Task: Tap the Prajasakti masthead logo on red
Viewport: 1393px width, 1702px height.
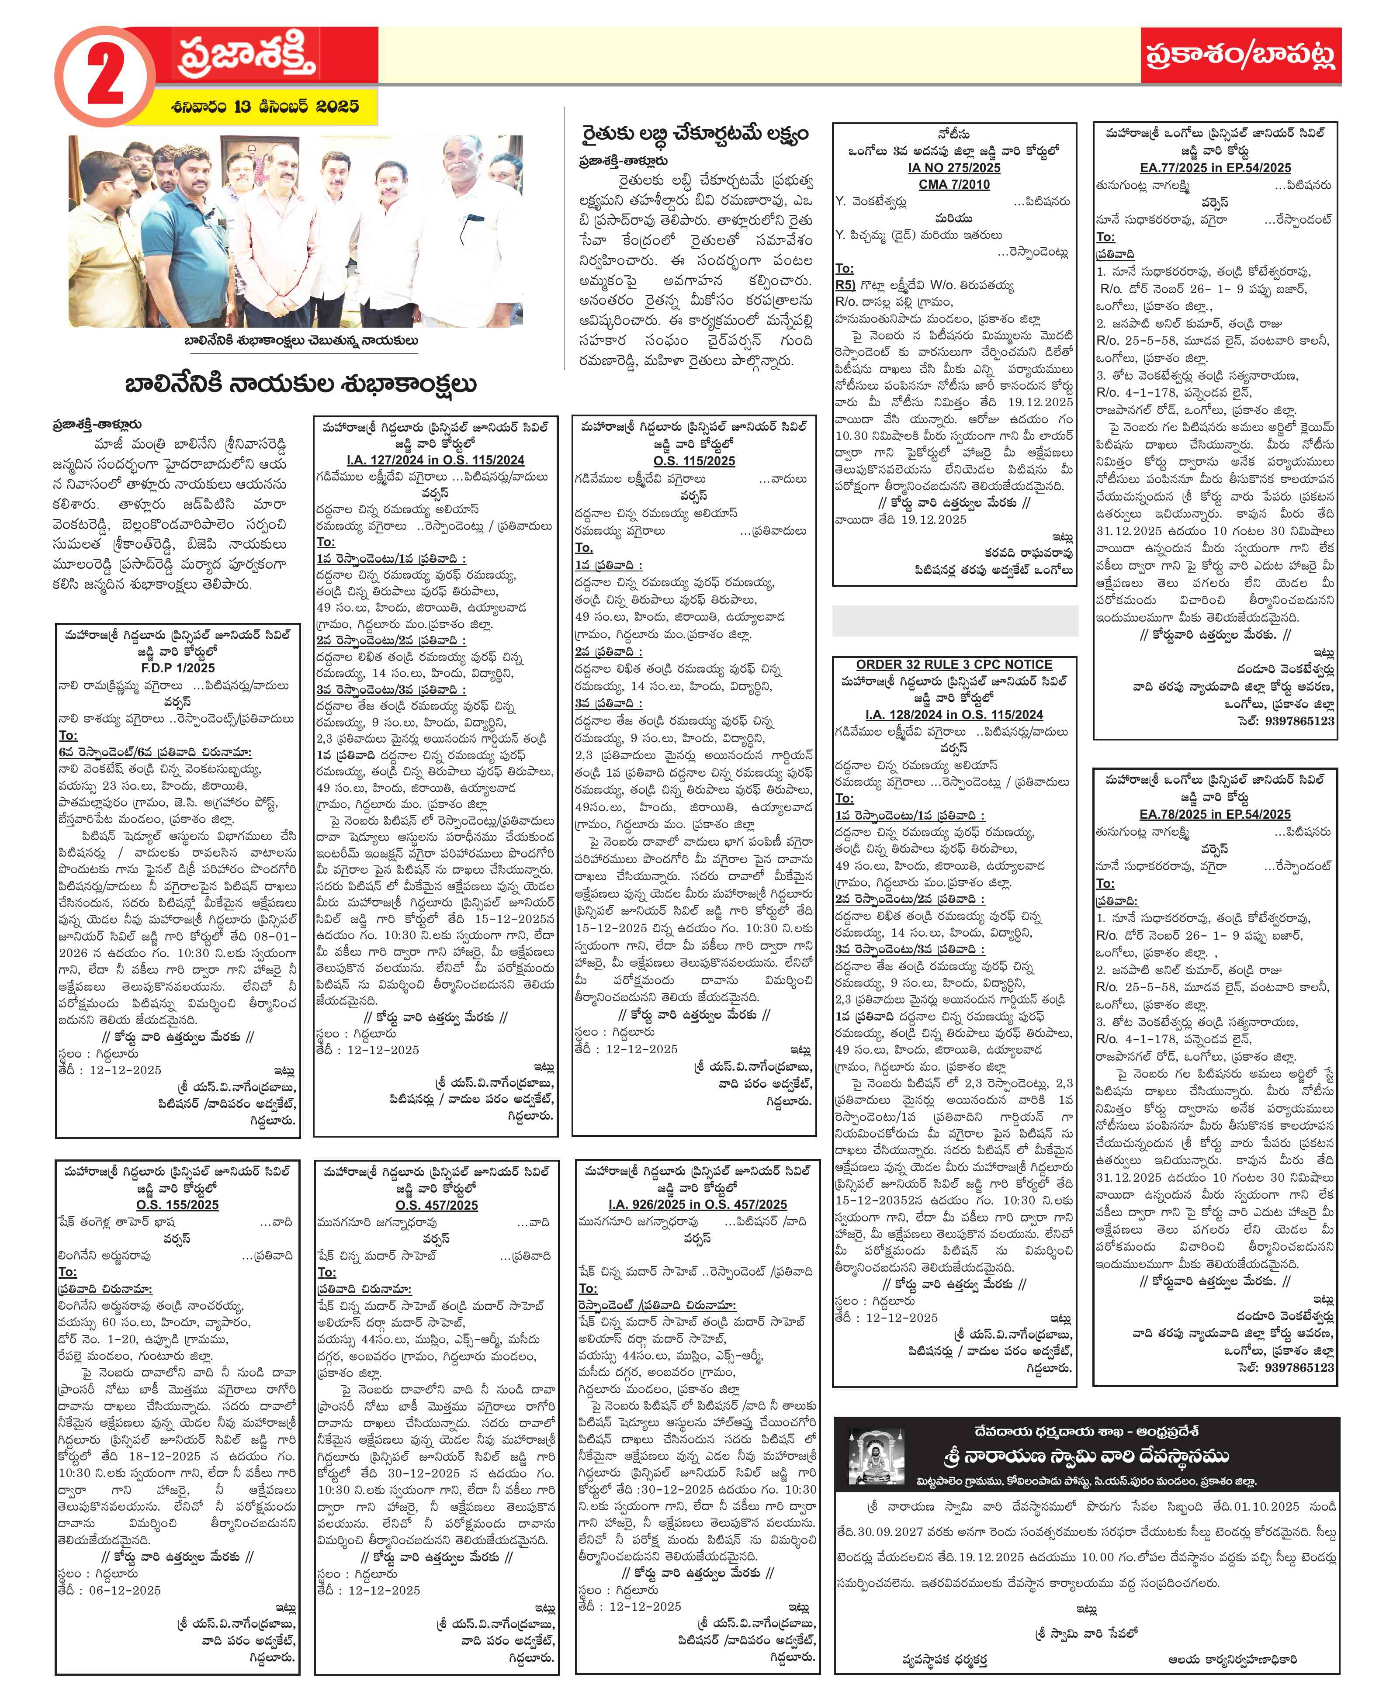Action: pos(247,54)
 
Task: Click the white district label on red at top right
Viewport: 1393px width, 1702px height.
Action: pos(1240,55)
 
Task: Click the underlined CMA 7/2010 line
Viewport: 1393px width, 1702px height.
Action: pos(953,184)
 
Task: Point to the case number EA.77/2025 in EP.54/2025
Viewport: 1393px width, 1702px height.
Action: pos(1215,168)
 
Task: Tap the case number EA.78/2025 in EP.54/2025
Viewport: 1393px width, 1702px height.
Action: pos(1215,814)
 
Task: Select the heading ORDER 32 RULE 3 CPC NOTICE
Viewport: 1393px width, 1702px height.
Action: pos(953,664)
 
